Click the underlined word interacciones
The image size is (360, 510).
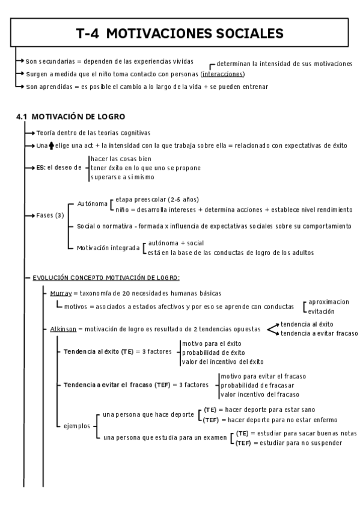223,74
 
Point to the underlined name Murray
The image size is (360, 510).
61,293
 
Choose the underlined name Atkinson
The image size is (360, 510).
64,329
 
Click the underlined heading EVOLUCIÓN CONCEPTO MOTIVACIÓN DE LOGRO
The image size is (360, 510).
106,277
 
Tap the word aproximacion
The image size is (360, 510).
328,302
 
